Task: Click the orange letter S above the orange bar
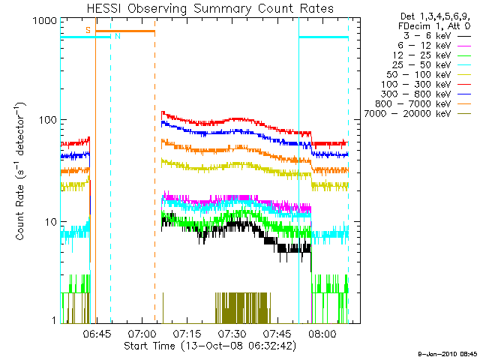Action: [88, 30]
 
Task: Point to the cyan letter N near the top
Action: [116, 37]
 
